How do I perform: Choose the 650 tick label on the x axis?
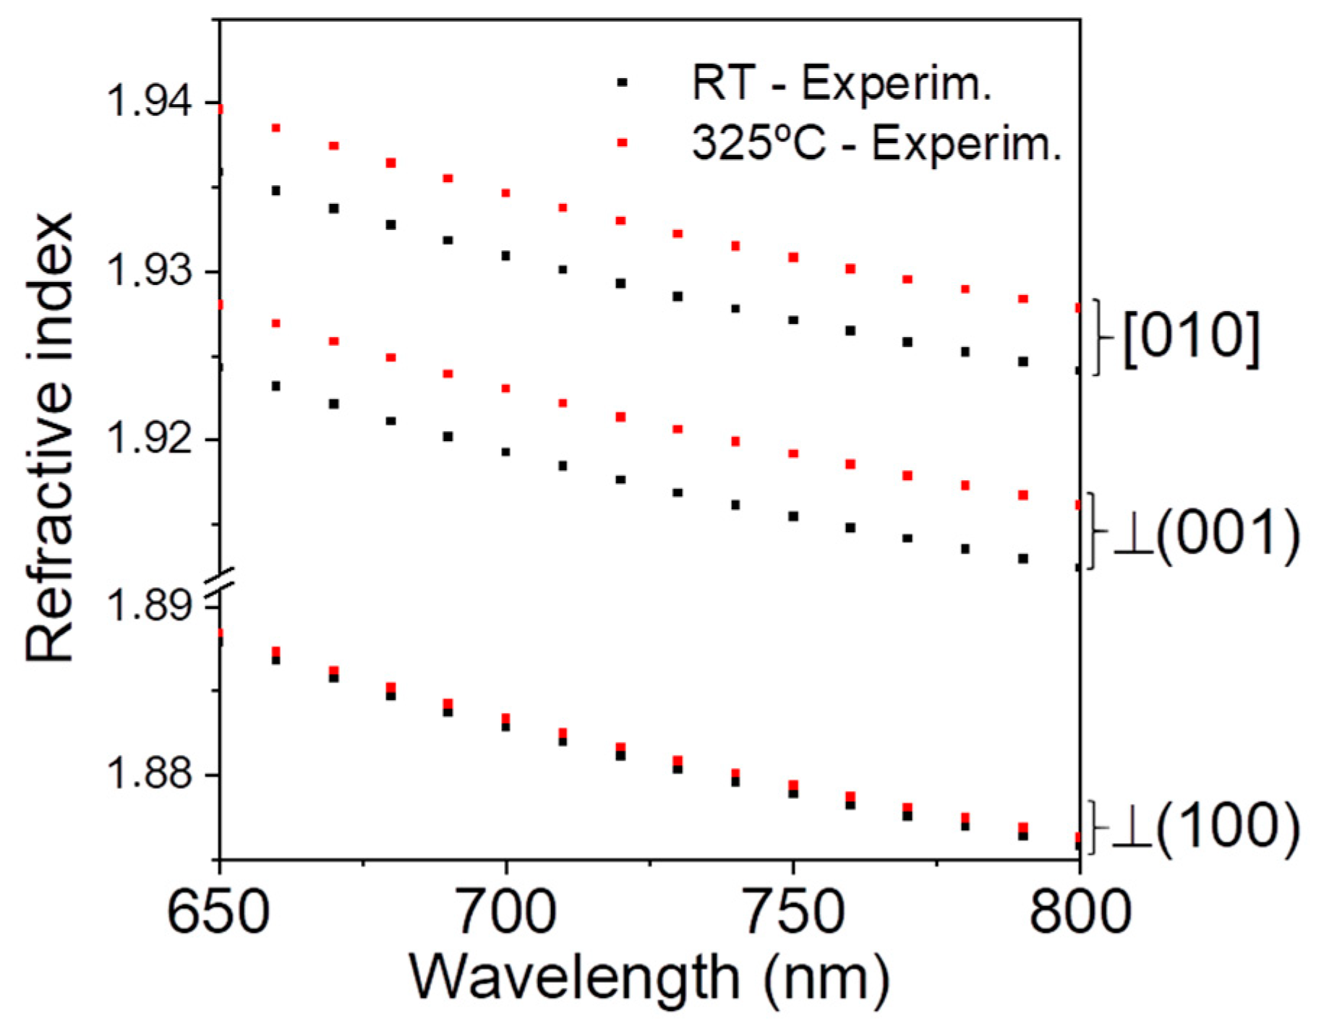tap(218, 913)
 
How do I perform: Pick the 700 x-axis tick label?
tap(505, 913)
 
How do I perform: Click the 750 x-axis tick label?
tap(793, 913)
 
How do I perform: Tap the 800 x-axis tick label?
tap(1079, 913)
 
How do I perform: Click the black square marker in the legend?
tap(622, 82)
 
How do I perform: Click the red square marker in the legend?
tap(622, 142)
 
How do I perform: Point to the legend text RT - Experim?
tap(840, 83)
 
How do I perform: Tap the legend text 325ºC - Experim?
tap(876, 142)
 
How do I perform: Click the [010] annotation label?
tap(1190, 338)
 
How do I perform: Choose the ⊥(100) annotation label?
tap(1205, 826)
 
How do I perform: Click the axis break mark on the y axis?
tap(219, 582)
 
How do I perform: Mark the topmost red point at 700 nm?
tap(505, 193)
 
